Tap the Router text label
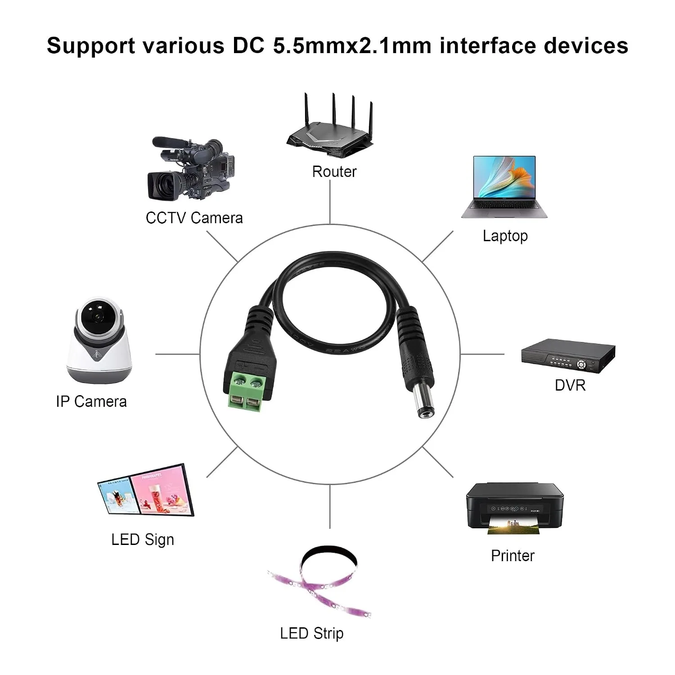pos(334,171)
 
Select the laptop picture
pos(504,187)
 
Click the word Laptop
pos(505,236)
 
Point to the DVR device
pos(568,356)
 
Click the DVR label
pos(570,385)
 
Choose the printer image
pos(515,508)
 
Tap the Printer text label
pos(513,556)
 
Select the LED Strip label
pos(311,633)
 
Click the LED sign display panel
pos(146,490)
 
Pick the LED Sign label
pos(143,540)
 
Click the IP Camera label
pos(91,401)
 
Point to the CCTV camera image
pos(191,169)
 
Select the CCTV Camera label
pos(194,218)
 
